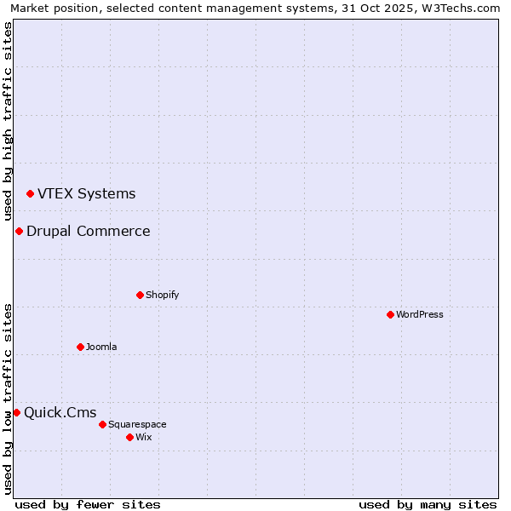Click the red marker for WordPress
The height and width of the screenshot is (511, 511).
pyautogui.click(x=390, y=314)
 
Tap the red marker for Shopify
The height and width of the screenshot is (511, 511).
pyautogui.click(x=140, y=295)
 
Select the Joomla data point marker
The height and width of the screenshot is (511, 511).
pyautogui.click(x=80, y=347)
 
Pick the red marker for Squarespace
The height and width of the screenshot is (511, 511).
pyautogui.click(x=102, y=424)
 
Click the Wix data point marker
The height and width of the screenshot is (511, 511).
pyautogui.click(x=129, y=437)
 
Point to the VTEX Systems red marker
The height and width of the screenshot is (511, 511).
pyautogui.click(x=30, y=194)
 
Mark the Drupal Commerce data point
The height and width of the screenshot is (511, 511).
pyautogui.click(x=19, y=232)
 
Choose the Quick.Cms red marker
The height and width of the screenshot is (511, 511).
pyautogui.click(x=16, y=413)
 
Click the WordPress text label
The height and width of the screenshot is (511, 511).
pyautogui.click(x=420, y=314)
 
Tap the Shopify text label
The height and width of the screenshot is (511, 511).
pyautogui.click(x=162, y=295)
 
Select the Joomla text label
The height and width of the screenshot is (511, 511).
pyautogui.click(x=101, y=347)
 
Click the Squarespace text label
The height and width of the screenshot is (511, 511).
pyautogui.click(x=137, y=424)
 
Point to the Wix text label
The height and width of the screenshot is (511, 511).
pyautogui.click(x=144, y=437)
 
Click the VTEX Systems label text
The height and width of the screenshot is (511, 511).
pyautogui.click(x=86, y=193)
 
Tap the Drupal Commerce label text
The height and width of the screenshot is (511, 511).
pyautogui.click(x=88, y=231)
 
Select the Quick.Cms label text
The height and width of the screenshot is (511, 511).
pyautogui.click(x=60, y=413)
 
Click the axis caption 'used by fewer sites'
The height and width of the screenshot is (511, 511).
pyautogui.click(x=88, y=504)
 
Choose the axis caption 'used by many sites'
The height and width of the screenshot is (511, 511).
pyautogui.click(x=428, y=504)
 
